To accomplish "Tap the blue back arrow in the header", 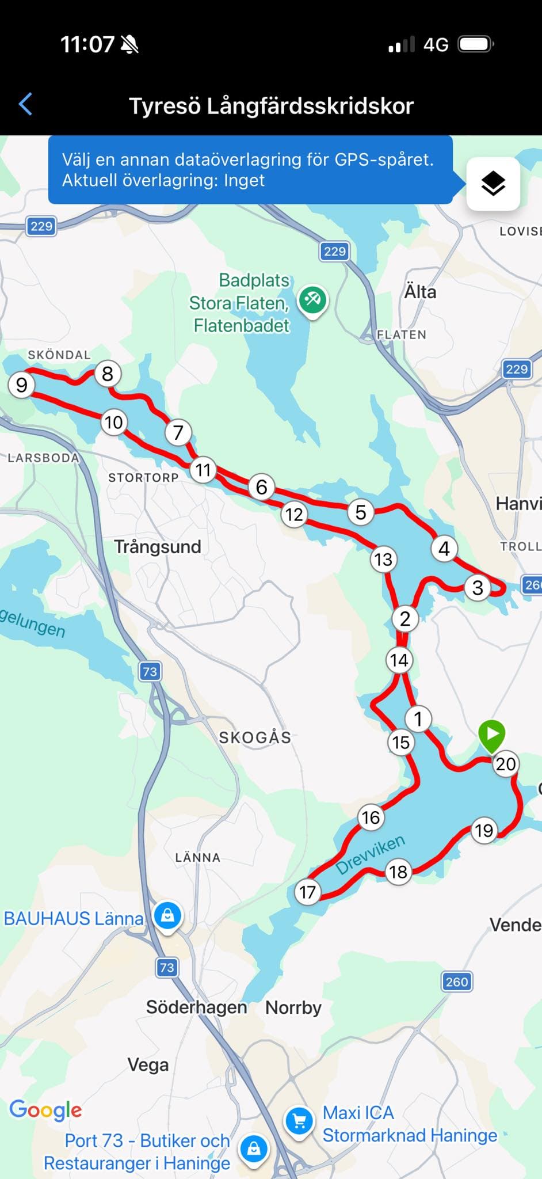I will click(26, 105).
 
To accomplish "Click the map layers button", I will click(493, 184).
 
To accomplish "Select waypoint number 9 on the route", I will click(22, 385).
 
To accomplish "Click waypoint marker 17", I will click(307, 892).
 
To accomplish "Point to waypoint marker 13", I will click(383, 559).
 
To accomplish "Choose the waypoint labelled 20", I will click(505, 764).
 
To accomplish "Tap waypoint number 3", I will click(477, 587).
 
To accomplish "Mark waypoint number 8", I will click(108, 374).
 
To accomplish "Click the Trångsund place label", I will click(158, 546).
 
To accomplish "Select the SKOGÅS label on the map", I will click(255, 737).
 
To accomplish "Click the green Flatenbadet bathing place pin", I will click(312, 299).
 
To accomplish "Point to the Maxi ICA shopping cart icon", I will click(299, 1120).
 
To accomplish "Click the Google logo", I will click(46, 1109).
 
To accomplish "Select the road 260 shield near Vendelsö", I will click(457, 982).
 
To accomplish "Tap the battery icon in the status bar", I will click(475, 44).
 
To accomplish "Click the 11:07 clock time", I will click(87, 44).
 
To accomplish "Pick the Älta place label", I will click(420, 292).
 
